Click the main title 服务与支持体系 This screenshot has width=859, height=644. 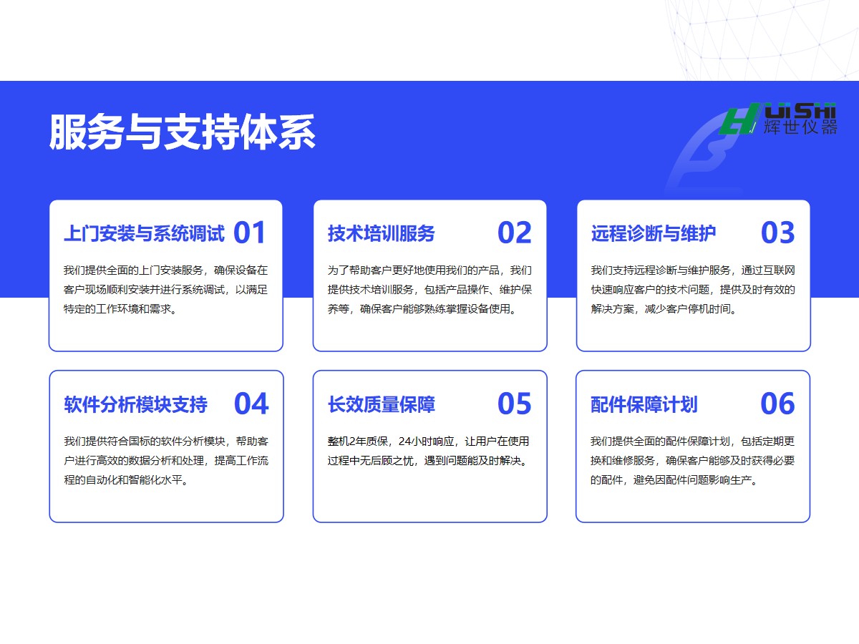tap(183, 132)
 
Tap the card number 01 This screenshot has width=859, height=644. tap(250, 233)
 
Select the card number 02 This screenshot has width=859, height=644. tap(514, 233)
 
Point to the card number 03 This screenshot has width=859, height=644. tap(777, 233)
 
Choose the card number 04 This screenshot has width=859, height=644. tap(251, 404)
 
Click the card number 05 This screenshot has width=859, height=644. tap(514, 404)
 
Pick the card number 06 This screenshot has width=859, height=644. tap(777, 404)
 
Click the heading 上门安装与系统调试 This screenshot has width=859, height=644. tap(145, 233)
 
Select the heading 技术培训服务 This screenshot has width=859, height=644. tap(381, 233)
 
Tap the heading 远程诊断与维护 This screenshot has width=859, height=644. tap(653, 233)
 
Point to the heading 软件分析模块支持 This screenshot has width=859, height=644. tap(136, 404)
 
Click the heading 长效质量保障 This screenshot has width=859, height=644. tap(381, 404)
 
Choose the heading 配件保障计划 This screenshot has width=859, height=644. tap(644, 404)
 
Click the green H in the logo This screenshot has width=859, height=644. tap(739, 119)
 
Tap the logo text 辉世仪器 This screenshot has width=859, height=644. tap(800, 127)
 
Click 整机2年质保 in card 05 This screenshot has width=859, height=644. tap(358, 441)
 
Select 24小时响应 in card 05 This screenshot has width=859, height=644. tap(426, 441)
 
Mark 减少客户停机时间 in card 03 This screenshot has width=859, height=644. tap(688, 309)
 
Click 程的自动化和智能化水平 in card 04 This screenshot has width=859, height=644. tap(123, 479)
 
